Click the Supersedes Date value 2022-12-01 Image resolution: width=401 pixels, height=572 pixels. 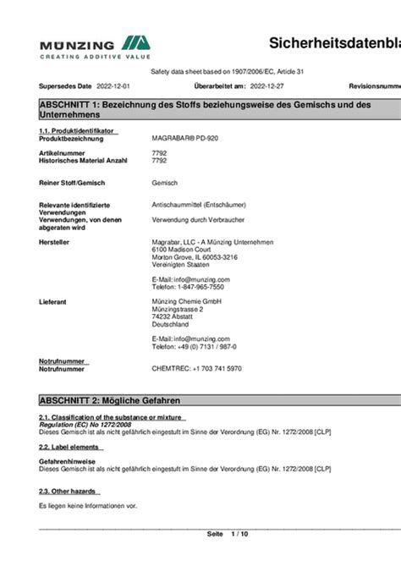tap(113, 86)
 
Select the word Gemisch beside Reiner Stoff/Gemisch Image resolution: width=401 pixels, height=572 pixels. tap(164, 183)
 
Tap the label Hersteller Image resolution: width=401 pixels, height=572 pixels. tap(54, 241)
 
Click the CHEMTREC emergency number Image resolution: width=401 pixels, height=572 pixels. tap(196, 368)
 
